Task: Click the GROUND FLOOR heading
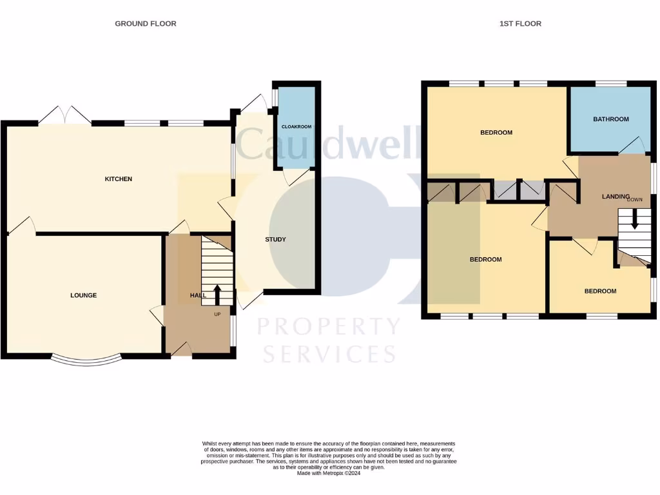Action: [x=145, y=24]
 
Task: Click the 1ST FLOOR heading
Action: [x=520, y=24]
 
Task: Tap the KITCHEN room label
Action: [x=119, y=179]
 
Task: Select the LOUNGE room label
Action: [x=84, y=295]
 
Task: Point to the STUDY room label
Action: [x=275, y=240]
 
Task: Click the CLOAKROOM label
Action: [x=296, y=127]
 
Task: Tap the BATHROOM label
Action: [x=611, y=119]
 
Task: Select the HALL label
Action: [x=198, y=295]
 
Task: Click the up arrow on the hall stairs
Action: [x=217, y=294]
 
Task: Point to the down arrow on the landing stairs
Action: [x=635, y=219]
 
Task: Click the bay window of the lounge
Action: [x=86, y=361]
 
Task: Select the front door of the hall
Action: [x=182, y=349]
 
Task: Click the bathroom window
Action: [x=610, y=83]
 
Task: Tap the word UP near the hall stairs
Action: [x=217, y=315]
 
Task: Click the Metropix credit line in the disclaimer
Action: [x=328, y=473]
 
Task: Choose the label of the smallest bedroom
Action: [x=600, y=291]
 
